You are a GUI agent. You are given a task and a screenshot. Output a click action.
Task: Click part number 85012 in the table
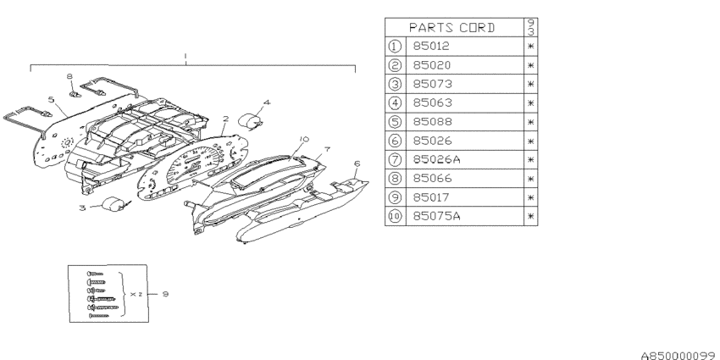click(431, 47)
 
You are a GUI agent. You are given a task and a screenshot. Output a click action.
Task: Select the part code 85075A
click(436, 216)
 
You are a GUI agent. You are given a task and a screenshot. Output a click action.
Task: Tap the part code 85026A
click(436, 159)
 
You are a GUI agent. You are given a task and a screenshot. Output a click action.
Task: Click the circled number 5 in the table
click(395, 122)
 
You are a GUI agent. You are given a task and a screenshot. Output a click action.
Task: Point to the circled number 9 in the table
click(395, 197)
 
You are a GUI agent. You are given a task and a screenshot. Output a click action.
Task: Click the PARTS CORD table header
click(451, 28)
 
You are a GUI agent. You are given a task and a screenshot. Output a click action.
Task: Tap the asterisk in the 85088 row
click(531, 122)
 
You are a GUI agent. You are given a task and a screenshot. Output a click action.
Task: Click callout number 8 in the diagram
click(69, 77)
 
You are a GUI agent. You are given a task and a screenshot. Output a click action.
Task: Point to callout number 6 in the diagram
click(357, 163)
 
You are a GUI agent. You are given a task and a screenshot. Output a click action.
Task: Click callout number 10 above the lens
click(303, 139)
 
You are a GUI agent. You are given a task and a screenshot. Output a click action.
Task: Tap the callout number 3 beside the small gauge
click(82, 208)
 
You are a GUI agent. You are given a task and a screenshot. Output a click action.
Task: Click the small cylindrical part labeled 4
click(250, 121)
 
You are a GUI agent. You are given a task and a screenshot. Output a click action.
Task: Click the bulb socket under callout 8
click(75, 95)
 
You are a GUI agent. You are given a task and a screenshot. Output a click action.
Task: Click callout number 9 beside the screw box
click(165, 294)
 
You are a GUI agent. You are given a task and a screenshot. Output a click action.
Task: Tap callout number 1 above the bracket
click(186, 56)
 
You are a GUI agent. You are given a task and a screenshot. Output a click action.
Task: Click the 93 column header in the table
click(531, 28)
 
